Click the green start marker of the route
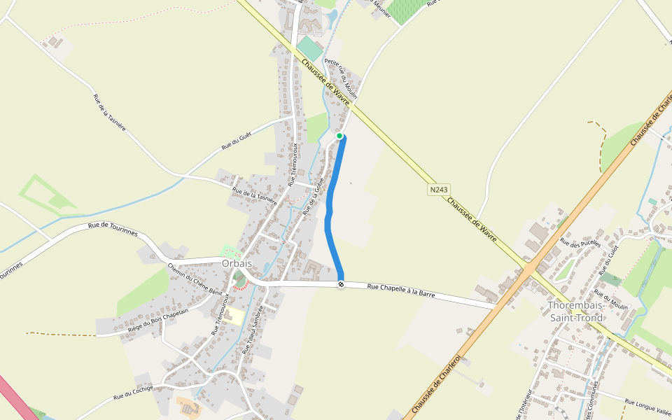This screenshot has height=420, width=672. (x=339, y=136)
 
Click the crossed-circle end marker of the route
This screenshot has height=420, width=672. (x=341, y=284)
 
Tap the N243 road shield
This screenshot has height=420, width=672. (x=438, y=190)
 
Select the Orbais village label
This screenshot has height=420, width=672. (x=236, y=263)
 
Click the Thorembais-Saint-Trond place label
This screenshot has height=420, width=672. (x=575, y=311)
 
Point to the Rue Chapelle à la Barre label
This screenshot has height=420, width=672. (x=401, y=290)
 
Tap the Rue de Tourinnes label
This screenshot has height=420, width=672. (x=113, y=229)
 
